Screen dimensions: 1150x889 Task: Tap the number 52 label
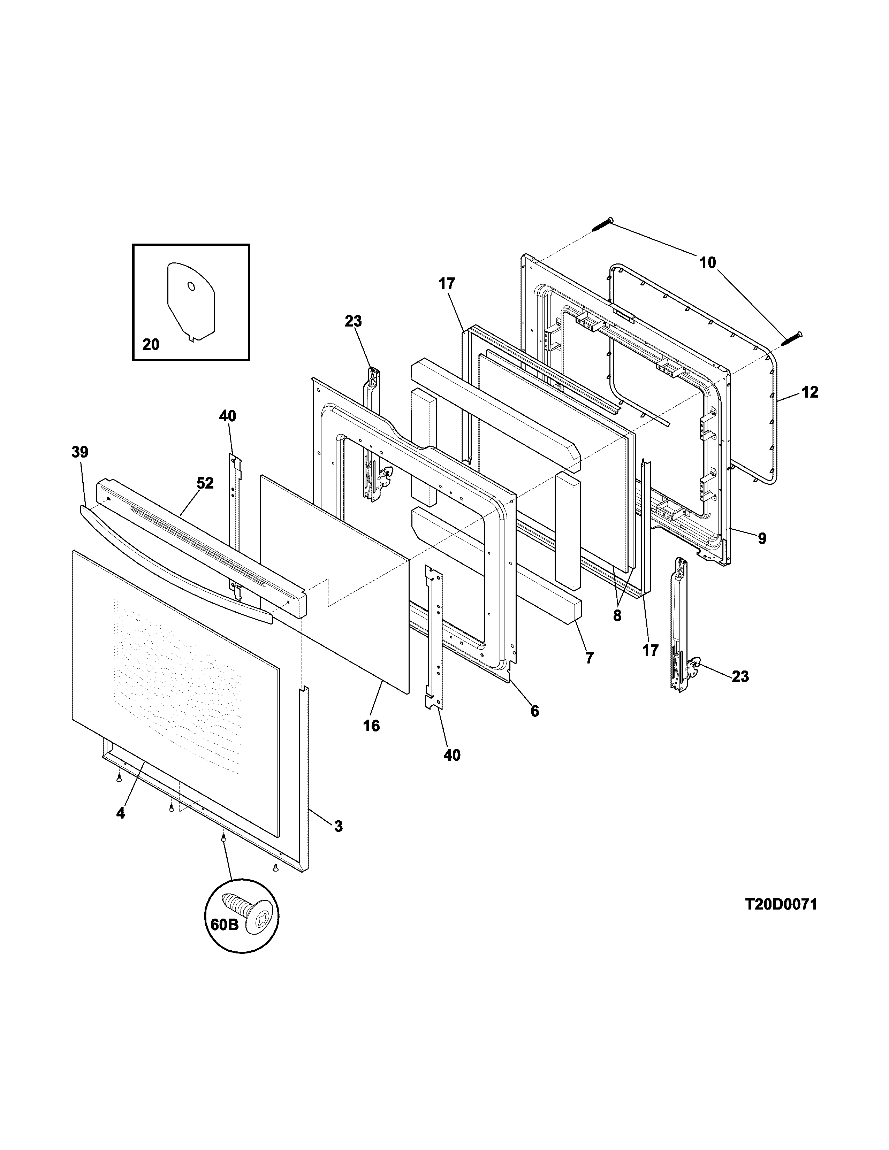[205, 483]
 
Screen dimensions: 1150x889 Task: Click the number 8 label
[617, 615]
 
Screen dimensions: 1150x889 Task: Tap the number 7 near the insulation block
[589, 657]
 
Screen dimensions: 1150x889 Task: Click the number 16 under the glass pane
[371, 726]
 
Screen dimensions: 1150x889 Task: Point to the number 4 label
[121, 813]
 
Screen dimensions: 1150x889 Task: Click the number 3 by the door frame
[338, 826]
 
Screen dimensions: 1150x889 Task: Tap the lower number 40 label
[452, 755]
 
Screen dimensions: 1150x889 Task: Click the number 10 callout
[708, 262]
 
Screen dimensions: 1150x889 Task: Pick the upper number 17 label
[446, 284]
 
